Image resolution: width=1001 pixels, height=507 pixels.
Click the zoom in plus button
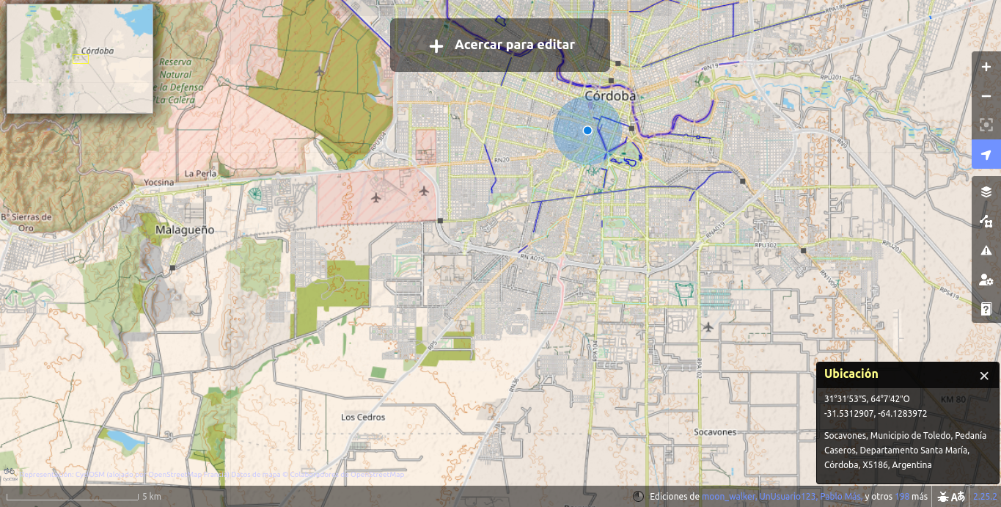pos(986,67)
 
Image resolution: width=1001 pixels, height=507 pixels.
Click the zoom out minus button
pos(986,96)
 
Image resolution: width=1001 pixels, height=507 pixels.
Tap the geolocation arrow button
pos(986,155)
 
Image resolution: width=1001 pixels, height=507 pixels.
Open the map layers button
pos(986,192)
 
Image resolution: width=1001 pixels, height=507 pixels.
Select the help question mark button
pos(986,309)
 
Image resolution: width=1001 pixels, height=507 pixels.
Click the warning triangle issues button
pos(986,250)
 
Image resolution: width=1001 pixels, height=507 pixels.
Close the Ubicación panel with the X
pos(984,376)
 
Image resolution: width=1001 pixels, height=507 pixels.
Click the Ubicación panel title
pos(851,374)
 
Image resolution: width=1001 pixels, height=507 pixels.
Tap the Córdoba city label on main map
pos(610,96)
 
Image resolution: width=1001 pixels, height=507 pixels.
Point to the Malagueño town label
pos(185,230)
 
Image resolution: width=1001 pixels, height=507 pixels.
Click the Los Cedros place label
pos(363,417)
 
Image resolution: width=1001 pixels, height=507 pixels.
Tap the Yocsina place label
pos(159,182)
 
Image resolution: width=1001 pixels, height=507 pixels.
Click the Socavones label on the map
pos(715,432)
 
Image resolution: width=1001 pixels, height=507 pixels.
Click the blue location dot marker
pos(587,131)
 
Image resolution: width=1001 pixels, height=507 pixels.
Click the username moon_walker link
pos(728,497)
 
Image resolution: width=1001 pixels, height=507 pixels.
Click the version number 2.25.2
pos(985,497)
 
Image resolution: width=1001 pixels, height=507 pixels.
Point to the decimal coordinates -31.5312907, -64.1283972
pos(875,414)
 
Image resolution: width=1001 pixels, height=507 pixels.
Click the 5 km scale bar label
pos(152,497)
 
